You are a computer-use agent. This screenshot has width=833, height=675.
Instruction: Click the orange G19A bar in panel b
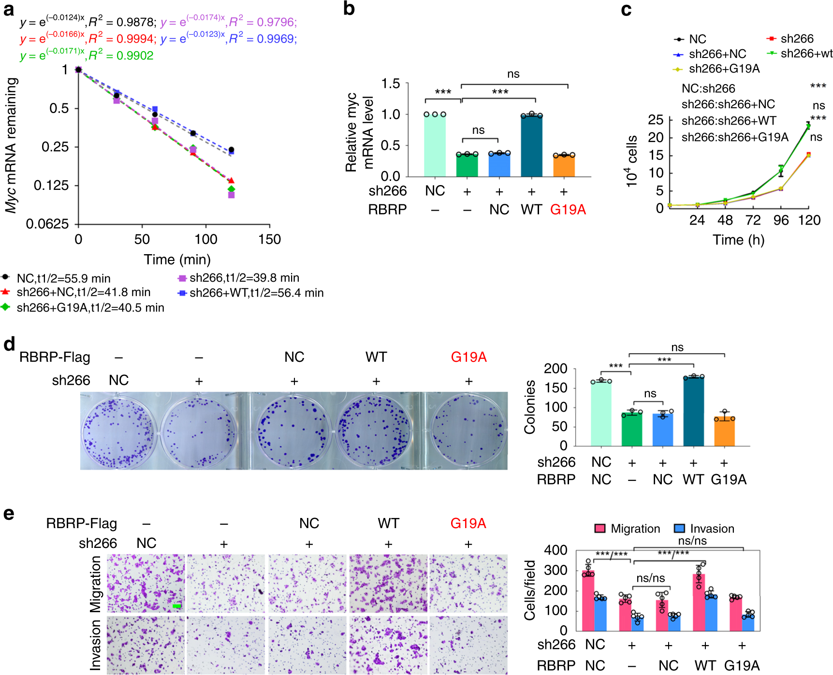[x=564, y=166]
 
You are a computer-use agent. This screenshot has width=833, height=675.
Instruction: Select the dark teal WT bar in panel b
[x=531, y=146]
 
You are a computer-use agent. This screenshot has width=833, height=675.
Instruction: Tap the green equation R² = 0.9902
[x=87, y=56]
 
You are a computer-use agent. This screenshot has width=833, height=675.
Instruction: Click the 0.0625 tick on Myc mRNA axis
[x=47, y=224]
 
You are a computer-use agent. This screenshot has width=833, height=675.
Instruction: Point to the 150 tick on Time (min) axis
[x=269, y=239]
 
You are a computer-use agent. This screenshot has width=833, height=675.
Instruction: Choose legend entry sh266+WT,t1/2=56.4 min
[x=251, y=293]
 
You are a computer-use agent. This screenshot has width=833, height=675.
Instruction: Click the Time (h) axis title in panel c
[x=738, y=240]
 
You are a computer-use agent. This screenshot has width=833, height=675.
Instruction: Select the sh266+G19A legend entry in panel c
[x=717, y=69]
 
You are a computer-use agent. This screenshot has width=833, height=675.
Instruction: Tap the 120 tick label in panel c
[x=809, y=220]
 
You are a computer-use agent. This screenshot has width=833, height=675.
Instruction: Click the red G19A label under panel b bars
[x=568, y=210]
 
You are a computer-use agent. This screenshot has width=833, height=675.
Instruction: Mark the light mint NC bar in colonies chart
[x=601, y=414]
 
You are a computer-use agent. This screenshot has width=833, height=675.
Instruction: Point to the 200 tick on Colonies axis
[x=555, y=369]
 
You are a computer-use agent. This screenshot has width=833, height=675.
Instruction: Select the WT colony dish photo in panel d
[x=373, y=430]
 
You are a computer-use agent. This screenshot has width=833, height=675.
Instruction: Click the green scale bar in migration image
[x=177, y=605]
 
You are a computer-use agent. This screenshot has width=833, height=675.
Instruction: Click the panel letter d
[x=9, y=344]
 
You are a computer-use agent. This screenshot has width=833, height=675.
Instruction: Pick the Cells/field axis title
[x=530, y=590]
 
